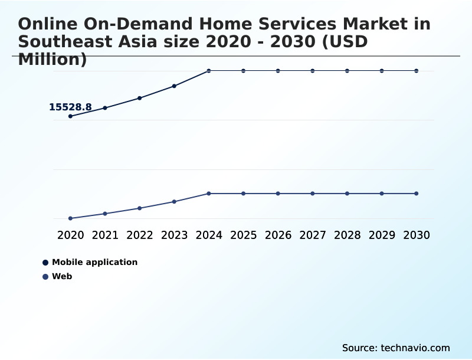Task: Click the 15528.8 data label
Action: click(x=70, y=107)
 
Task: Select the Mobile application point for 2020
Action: click(x=71, y=116)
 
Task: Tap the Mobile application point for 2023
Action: click(x=174, y=86)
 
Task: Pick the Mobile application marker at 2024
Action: click(x=209, y=71)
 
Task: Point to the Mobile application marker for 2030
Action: click(x=417, y=71)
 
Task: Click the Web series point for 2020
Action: click(x=71, y=218)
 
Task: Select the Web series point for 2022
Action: click(x=140, y=208)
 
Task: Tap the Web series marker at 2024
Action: click(x=209, y=194)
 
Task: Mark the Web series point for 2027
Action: click(x=313, y=194)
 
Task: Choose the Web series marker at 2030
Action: click(x=417, y=194)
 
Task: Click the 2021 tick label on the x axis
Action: click(x=105, y=235)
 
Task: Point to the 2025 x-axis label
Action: click(x=243, y=235)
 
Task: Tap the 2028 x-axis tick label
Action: click(x=347, y=235)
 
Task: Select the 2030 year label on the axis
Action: click(x=417, y=235)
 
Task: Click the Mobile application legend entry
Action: click(x=94, y=262)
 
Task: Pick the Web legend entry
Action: click(x=62, y=276)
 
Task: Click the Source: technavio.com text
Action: click(x=396, y=348)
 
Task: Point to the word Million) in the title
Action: click(x=53, y=60)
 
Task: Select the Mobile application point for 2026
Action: click(x=278, y=71)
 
